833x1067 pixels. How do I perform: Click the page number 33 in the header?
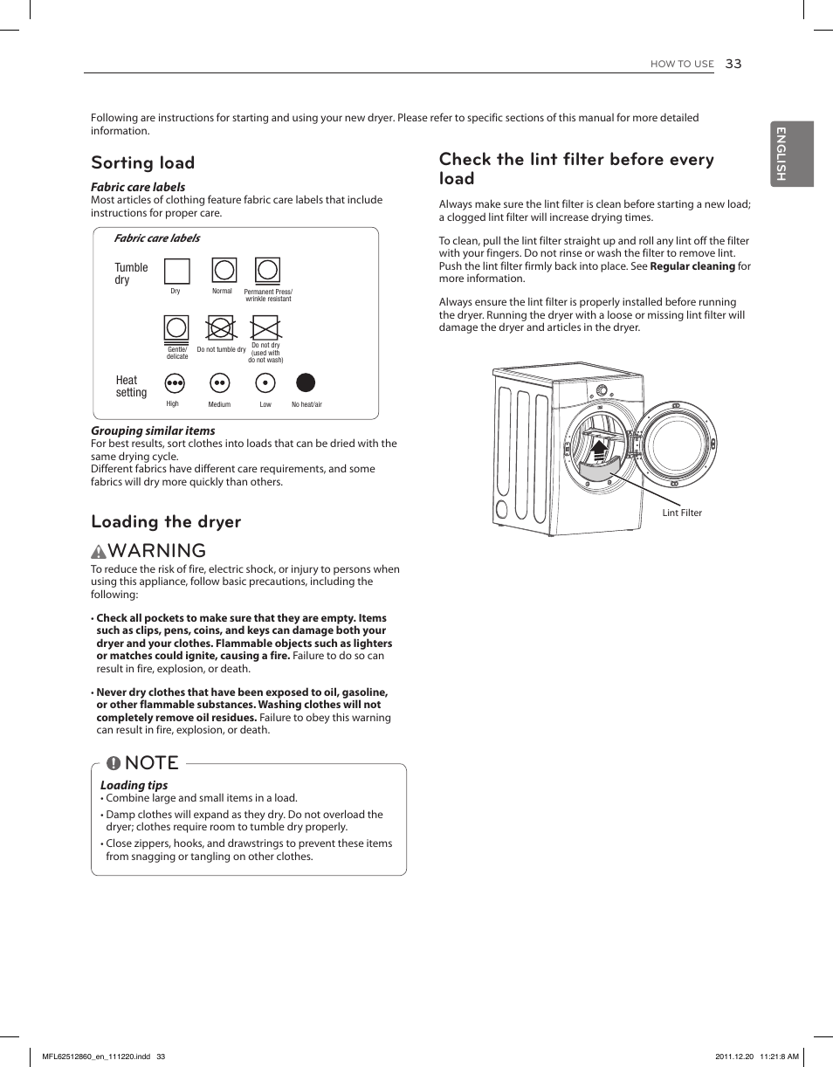click(733, 64)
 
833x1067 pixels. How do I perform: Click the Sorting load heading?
click(143, 163)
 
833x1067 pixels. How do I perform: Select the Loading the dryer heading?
click(166, 522)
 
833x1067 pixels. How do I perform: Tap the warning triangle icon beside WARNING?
click(99, 552)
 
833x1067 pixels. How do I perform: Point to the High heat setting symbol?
click(176, 383)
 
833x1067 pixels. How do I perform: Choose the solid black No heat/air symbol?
click(306, 382)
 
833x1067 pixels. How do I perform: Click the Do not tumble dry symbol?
click(221, 328)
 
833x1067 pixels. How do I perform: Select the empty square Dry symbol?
click(177, 272)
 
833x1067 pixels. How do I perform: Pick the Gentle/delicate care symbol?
click(176, 328)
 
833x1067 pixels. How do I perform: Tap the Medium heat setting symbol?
click(220, 383)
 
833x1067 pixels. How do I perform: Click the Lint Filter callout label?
click(682, 513)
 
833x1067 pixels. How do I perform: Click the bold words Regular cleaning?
click(692, 266)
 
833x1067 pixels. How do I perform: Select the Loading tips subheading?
click(134, 785)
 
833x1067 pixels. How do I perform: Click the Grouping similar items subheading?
click(153, 430)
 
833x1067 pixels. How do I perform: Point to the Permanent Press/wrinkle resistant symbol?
click(267, 271)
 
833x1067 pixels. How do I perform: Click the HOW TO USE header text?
click(682, 65)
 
